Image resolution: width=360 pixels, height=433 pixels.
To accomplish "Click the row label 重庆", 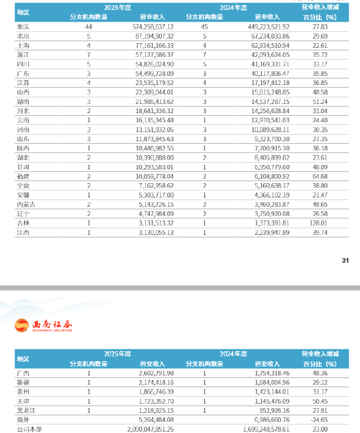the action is click(x=22, y=26).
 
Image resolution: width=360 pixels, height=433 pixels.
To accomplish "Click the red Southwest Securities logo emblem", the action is click(x=24, y=324).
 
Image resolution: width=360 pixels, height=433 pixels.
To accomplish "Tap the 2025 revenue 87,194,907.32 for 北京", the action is click(x=153, y=35).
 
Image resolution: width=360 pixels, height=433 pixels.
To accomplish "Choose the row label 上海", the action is click(x=22, y=44).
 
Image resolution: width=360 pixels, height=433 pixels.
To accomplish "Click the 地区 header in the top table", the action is click(x=23, y=12).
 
